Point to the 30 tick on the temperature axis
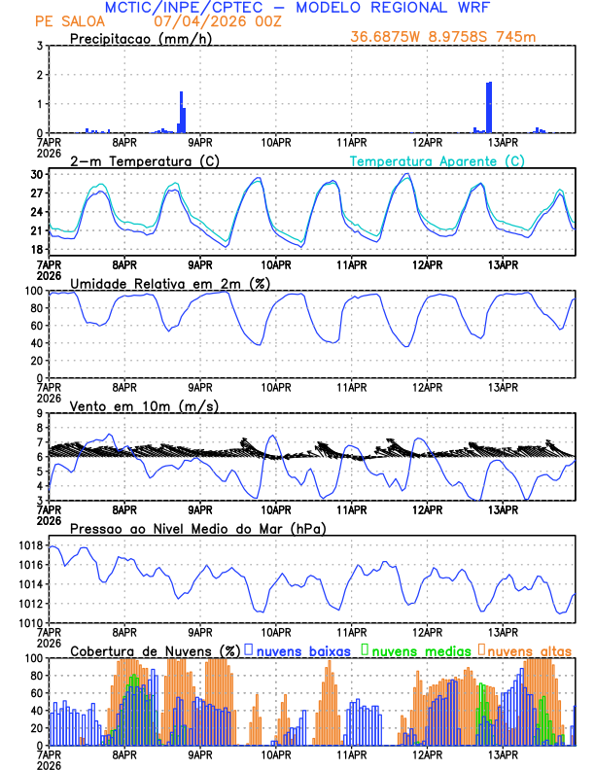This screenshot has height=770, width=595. pyautogui.click(x=37, y=174)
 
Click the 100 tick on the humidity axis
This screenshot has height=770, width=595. pyautogui.click(x=33, y=291)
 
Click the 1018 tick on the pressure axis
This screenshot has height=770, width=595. pyautogui.click(x=28, y=545)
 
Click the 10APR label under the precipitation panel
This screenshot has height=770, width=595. pyautogui.click(x=276, y=143)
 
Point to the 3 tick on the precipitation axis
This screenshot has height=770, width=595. pyautogui.click(x=40, y=46)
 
